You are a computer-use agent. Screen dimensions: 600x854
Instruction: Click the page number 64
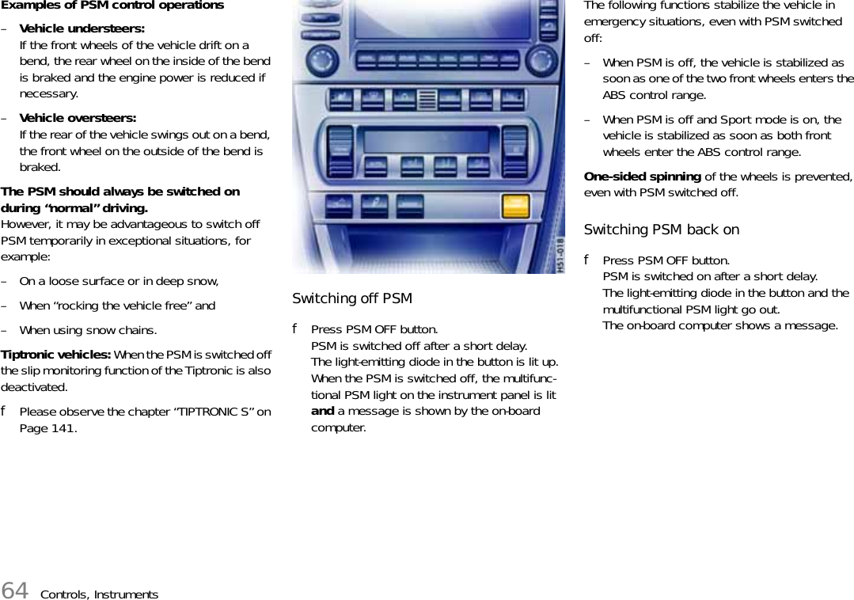[x=15, y=591]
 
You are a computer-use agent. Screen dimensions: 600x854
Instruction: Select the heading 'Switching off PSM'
[x=352, y=298]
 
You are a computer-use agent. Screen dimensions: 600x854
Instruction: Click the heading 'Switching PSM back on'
[x=661, y=230]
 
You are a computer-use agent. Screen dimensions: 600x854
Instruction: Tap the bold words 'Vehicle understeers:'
[x=82, y=28]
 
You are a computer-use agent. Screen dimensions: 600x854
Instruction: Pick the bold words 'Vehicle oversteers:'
[x=78, y=118]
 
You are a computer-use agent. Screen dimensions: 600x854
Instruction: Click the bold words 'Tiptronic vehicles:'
[x=57, y=354]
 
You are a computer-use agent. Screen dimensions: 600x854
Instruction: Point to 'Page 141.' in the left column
[x=48, y=428]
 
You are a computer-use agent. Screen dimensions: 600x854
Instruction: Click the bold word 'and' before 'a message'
[x=322, y=411]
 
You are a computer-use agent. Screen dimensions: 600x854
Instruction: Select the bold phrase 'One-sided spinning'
[x=642, y=176]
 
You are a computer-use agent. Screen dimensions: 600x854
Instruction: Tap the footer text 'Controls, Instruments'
[x=99, y=594]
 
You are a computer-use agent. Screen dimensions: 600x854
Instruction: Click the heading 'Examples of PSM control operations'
[x=112, y=6]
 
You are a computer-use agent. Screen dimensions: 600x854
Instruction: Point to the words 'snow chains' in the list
[x=125, y=329]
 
